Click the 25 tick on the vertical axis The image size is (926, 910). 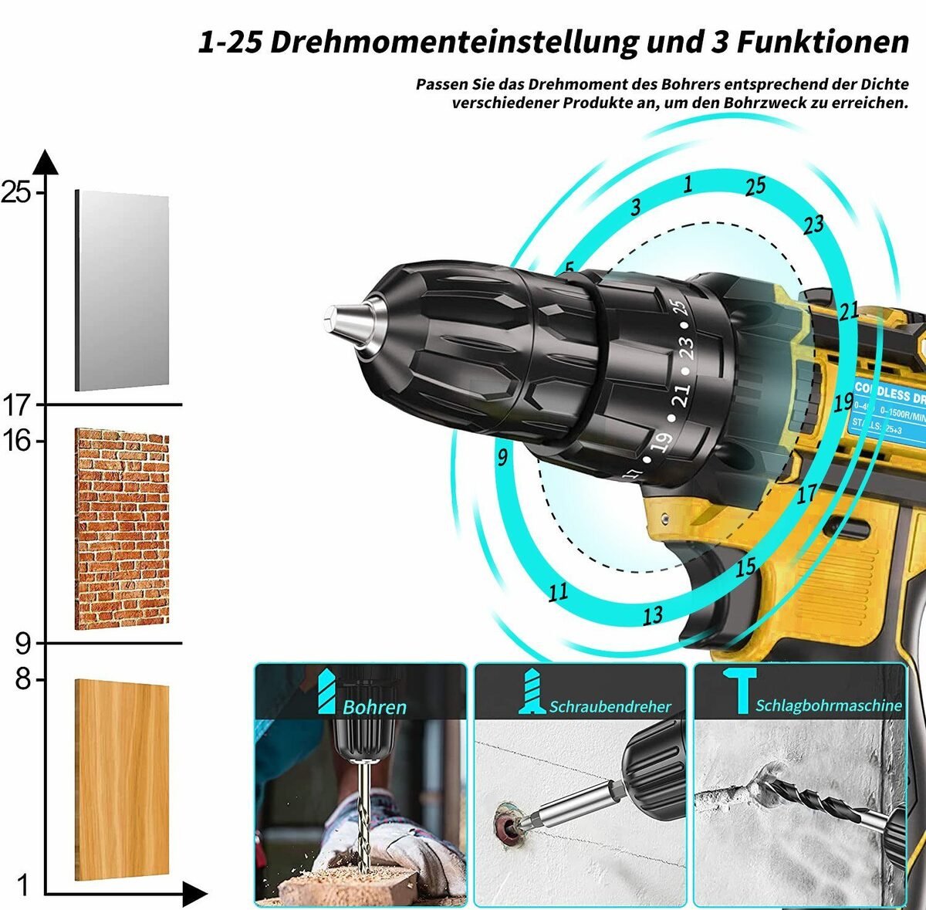[17, 191]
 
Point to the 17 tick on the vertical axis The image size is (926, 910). [17, 404]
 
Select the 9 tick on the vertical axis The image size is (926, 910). [23, 643]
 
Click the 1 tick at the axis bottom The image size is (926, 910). [23, 885]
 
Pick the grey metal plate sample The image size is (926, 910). [122, 290]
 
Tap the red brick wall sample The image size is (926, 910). [122, 529]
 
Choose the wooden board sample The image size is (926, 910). [122, 780]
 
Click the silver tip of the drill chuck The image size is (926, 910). [345, 317]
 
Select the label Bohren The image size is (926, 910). [374, 707]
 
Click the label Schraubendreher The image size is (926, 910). [610, 706]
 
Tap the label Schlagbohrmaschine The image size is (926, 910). [828, 705]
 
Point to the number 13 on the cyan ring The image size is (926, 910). [653, 615]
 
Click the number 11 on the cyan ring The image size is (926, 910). [558, 592]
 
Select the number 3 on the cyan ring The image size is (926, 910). [636, 207]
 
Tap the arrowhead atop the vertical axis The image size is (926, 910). [46, 162]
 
